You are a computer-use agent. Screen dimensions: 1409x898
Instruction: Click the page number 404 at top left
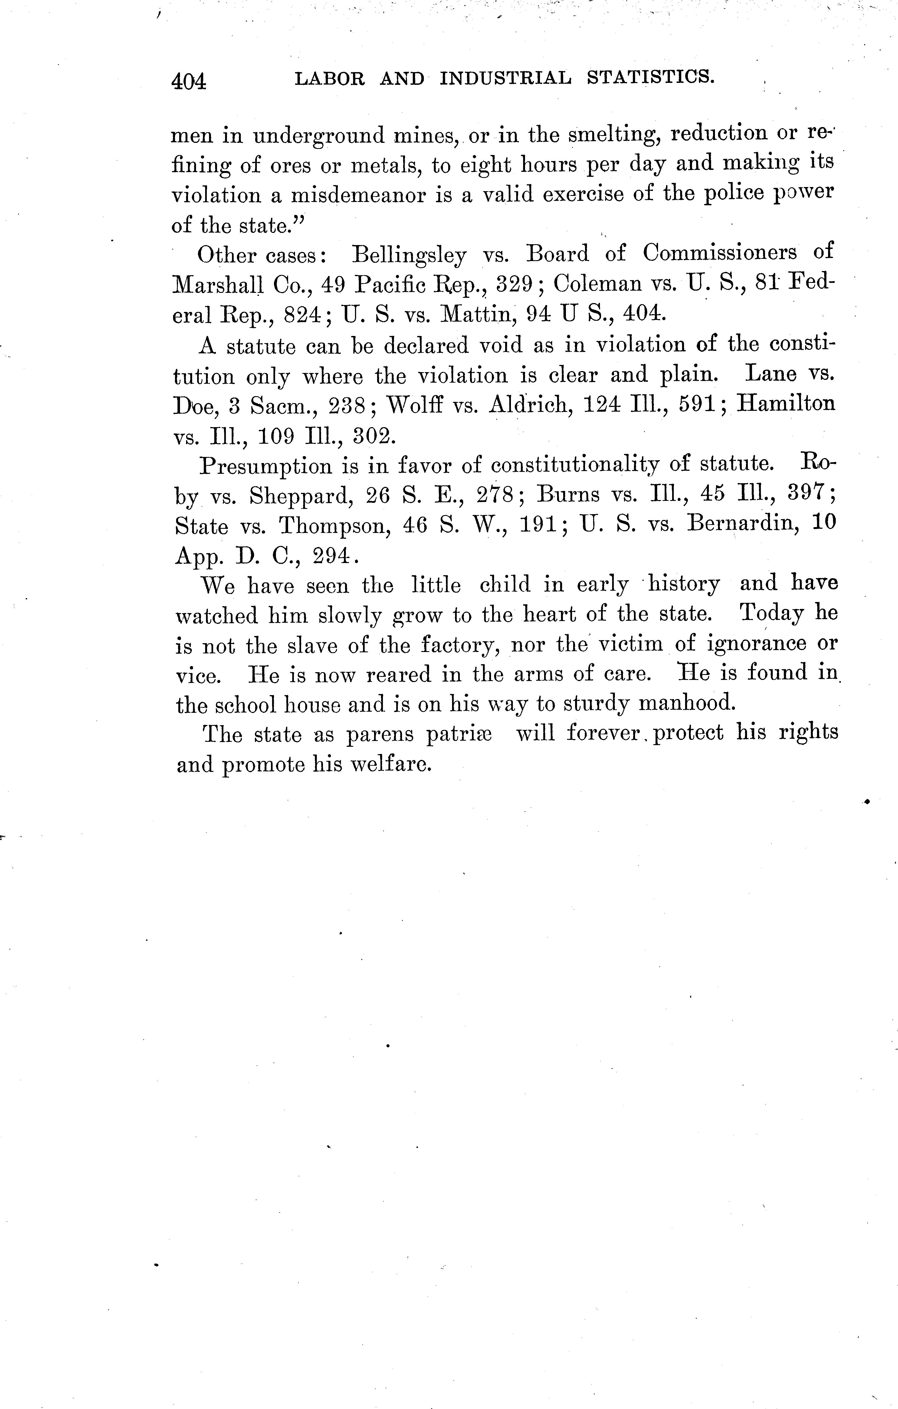pos(189,81)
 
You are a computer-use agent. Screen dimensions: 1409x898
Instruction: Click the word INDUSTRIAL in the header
pos(505,78)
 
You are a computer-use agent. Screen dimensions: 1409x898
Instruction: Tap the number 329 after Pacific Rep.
pos(514,284)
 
